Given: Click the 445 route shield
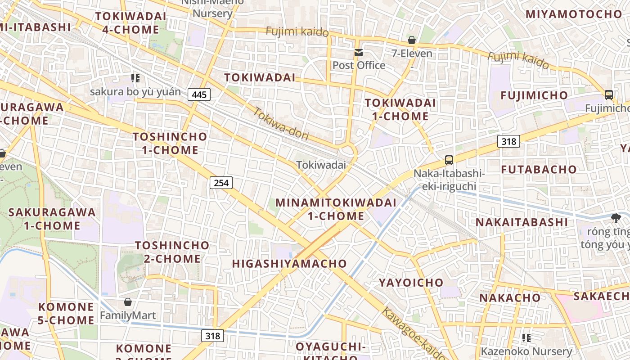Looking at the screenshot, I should tap(199, 94).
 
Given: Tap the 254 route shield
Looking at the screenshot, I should tap(221, 182).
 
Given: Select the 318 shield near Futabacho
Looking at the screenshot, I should tap(508, 141).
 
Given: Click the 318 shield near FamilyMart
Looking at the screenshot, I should tap(212, 336).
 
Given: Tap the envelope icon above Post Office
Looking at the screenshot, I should tap(358, 53).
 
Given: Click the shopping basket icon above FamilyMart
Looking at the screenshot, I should tap(128, 302).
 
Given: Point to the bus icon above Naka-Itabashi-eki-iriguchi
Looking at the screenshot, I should tap(449, 160).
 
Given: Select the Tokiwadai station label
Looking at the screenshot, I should tap(321, 165).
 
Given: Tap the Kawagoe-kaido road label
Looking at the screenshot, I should tap(413, 333).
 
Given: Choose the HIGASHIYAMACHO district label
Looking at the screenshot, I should tap(289, 264).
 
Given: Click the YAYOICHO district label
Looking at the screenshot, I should tap(411, 283).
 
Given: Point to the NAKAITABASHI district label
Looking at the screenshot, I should tap(522, 222).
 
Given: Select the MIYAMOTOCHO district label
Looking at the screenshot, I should tap(573, 14).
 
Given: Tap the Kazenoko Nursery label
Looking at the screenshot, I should tap(526, 351).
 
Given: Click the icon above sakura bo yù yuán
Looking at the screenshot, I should tap(135, 78).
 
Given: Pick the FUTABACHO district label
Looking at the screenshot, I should tap(539, 170).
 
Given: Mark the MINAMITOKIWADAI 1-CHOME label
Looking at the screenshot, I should tap(336, 209).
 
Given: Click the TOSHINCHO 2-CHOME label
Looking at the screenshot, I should tap(172, 252).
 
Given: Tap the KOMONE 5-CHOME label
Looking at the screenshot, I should tap(66, 314).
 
